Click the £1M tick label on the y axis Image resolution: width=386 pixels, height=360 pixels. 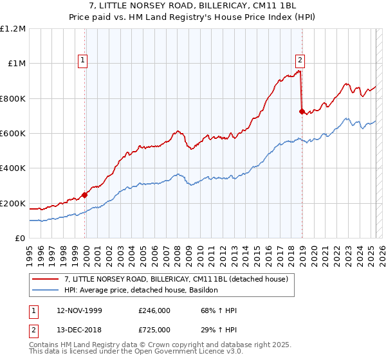tap(16, 64)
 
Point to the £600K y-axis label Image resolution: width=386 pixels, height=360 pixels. tap(14, 134)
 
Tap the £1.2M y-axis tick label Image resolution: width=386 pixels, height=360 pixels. tap(14, 29)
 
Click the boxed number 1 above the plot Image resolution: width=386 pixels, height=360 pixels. tap(84, 60)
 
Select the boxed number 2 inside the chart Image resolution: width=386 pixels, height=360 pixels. tap(300, 60)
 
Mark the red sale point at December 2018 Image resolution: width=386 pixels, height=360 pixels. tap(302, 111)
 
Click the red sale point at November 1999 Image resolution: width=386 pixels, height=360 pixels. tap(85, 195)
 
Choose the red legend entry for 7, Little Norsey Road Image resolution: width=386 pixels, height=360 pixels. tap(179, 279)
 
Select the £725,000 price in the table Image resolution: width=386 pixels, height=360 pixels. tap(154, 330)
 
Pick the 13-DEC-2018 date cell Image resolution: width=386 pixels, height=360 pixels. tap(80, 330)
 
